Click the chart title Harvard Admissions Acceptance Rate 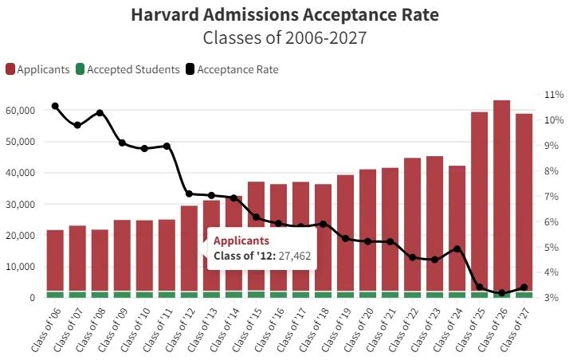coord(284,15)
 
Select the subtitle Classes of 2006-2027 coord(284,37)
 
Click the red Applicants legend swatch coord(10,69)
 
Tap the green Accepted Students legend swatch coord(80,69)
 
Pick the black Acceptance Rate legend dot coord(190,69)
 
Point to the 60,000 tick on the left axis coord(20,111)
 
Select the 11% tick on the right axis coord(554,95)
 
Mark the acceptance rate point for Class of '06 coord(55,106)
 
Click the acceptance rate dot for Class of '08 coord(100,112)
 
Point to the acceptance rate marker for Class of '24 coord(457,248)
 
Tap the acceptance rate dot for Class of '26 coord(501,293)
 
